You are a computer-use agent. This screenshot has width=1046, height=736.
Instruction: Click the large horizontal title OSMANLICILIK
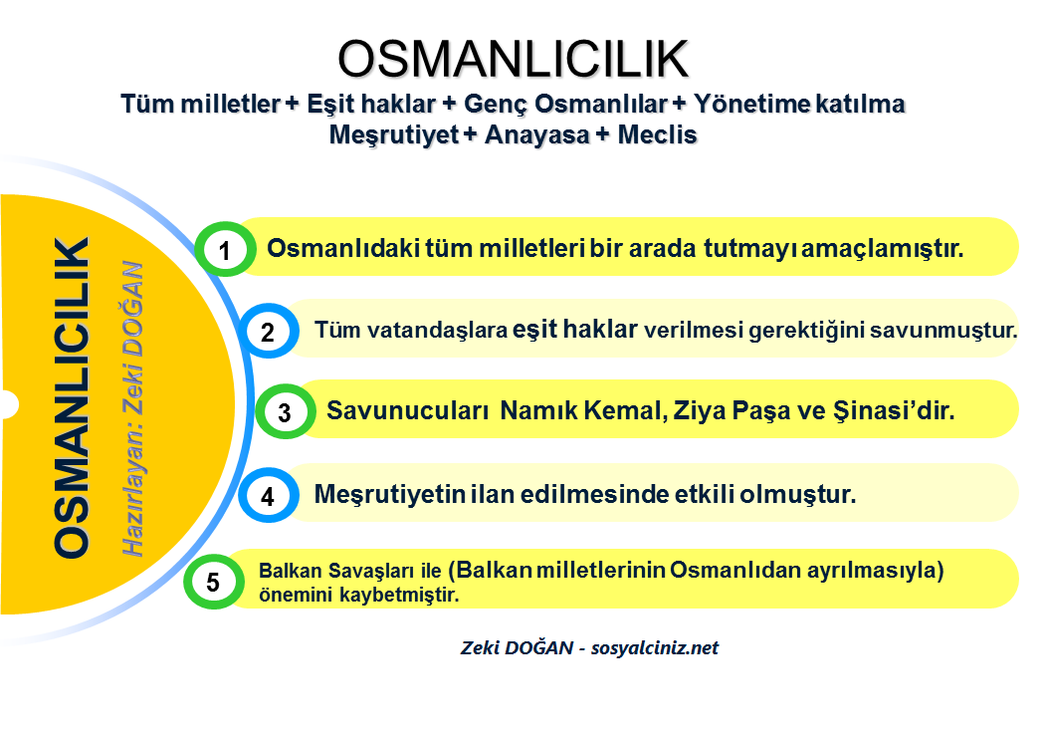pos(513,59)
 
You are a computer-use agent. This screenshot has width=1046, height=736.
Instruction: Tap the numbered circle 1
pos(226,249)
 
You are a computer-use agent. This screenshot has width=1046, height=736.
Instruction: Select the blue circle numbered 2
pos(268,331)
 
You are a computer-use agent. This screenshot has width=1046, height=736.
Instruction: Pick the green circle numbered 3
pos(286,411)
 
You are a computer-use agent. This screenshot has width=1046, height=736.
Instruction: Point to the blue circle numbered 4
pos(268,495)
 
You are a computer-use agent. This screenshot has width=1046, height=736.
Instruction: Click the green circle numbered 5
pos(213,582)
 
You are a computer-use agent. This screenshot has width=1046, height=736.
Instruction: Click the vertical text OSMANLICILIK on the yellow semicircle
pos(72,397)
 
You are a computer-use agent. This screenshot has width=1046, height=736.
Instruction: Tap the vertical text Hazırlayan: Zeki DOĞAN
pos(132,408)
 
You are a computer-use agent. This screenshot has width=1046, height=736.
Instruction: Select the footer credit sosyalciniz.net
pos(655,647)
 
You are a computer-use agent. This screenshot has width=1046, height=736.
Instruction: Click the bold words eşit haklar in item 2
pos(575,329)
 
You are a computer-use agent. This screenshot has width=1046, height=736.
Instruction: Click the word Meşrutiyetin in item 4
pos(389,494)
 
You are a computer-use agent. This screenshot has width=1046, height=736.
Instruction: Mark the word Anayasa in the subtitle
pos(537,134)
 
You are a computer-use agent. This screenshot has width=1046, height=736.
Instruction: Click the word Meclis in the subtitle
pos(657,134)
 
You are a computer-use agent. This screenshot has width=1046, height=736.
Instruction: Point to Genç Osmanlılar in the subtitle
pos(565,105)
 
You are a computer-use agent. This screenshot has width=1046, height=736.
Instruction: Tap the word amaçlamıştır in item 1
pos(882,249)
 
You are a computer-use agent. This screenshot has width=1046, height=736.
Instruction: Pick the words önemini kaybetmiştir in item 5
pos(359,595)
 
